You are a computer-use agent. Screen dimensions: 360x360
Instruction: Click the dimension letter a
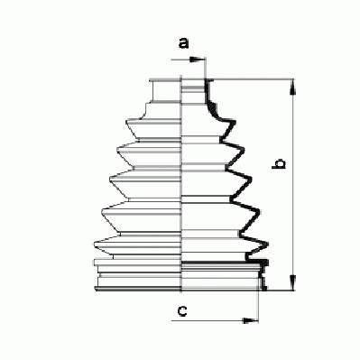(x=183, y=43)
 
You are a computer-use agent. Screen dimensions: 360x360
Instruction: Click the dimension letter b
(x=279, y=163)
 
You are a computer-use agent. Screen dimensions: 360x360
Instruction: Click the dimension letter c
(x=182, y=310)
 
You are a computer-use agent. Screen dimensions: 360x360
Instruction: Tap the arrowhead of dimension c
(x=251, y=320)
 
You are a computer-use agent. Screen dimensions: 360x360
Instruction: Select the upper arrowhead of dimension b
(x=293, y=88)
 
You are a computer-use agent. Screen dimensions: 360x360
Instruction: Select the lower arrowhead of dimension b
(x=293, y=282)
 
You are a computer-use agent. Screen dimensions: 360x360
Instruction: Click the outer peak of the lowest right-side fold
(x=267, y=244)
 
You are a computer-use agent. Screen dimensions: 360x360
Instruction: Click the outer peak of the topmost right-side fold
(x=235, y=122)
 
